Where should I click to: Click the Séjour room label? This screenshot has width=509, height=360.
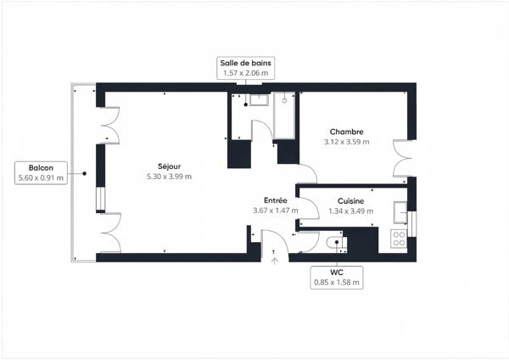169,166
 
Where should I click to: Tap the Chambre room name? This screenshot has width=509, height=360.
346,132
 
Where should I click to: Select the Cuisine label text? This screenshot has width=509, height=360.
350,201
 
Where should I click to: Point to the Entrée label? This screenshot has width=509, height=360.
275,200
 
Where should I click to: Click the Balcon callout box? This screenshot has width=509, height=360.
41,173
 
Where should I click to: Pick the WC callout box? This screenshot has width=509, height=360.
337,278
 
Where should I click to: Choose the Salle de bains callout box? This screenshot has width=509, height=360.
246,68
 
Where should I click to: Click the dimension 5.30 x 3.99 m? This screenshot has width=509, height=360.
169,177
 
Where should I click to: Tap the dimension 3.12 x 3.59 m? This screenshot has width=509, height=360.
346,142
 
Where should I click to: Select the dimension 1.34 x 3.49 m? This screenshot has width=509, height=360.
351,211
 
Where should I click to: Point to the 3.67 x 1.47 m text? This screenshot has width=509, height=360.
276,211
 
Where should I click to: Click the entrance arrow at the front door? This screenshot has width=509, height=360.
275,261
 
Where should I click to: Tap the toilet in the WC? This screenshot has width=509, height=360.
336,242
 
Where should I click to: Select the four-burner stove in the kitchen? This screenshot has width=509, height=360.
399,239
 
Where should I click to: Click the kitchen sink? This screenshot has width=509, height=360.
400,212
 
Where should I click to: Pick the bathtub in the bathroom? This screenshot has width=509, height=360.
284,115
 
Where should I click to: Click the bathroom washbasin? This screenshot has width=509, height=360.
259,100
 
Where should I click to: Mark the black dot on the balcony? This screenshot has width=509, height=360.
84,173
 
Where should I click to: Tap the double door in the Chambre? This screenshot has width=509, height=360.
402,159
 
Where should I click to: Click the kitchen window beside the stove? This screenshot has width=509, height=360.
412,224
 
